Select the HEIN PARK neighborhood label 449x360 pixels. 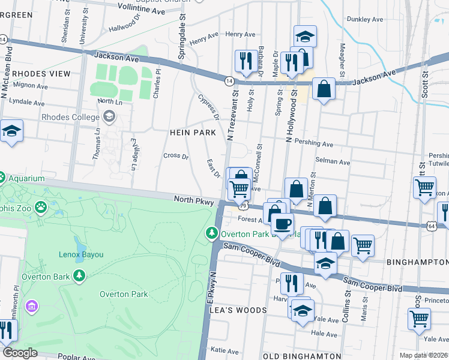[x=176, y=132]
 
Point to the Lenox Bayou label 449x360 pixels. [x=80, y=254]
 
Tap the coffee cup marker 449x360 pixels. [x=282, y=225]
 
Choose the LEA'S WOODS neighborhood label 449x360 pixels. [x=237, y=310]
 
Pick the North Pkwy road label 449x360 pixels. [x=194, y=202]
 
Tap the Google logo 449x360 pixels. [x=20, y=353]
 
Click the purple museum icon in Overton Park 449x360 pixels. [x=31, y=307]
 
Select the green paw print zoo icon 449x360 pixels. [x=40, y=208]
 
